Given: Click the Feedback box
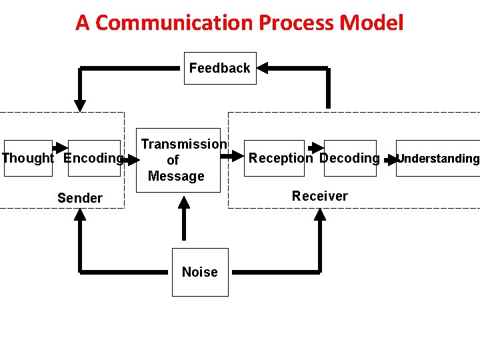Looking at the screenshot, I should point(220,68).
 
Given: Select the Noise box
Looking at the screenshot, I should point(200,272).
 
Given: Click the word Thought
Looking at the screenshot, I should point(27,158).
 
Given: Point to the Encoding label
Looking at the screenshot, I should point(94,158).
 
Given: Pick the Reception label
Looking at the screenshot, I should point(280,158).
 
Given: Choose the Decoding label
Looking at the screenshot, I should point(349,158).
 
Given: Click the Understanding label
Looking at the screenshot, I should point(438,159).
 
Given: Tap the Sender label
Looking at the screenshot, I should point(80,198).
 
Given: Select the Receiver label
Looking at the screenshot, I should point(320,196).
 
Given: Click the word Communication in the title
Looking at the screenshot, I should point(175,23).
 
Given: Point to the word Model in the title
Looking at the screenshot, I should point(371,23).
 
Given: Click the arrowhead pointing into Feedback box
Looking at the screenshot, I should point(263,67).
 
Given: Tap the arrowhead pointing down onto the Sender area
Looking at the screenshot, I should point(80,105).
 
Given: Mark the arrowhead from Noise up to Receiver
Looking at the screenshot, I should point(321,215).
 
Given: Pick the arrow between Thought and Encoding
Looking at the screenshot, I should point(60,147).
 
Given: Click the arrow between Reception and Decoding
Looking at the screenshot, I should point(315,147).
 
